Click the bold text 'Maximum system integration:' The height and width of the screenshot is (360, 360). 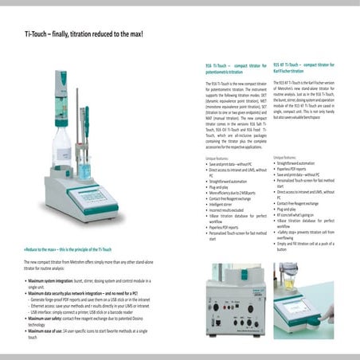click(59, 282)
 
